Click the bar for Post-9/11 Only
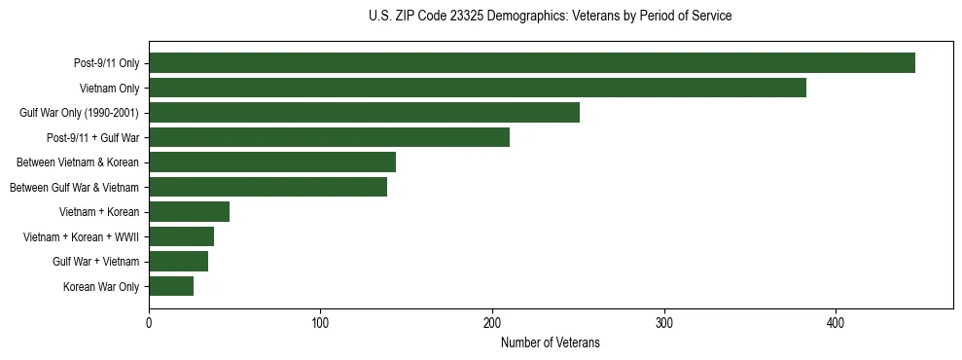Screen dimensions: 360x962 coord(532,63)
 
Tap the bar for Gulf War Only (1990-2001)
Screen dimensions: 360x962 coord(364,112)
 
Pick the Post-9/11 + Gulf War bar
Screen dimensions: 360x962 coord(329,137)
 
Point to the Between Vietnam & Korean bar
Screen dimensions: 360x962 coord(272,162)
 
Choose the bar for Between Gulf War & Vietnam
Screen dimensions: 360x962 coord(267,187)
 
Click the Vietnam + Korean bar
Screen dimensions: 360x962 coord(189,211)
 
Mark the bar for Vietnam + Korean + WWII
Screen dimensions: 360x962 coord(181,236)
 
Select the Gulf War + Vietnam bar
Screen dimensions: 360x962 coord(178,261)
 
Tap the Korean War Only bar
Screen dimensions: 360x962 coord(171,286)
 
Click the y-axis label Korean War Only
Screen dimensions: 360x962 coord(101,286)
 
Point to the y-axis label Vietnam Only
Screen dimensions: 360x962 coord(109,88)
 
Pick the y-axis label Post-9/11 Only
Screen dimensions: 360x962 coord(106,63)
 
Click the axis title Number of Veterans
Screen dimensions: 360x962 coord(550,342)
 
